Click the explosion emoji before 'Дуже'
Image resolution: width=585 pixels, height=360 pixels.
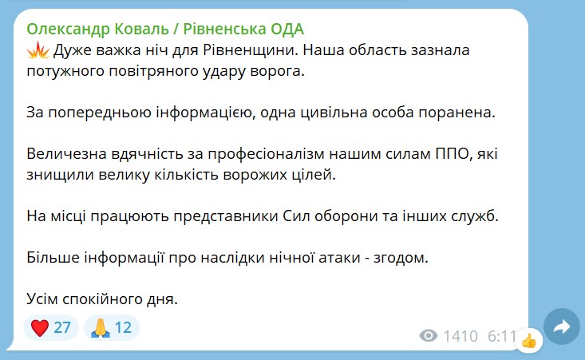tap(38, 49)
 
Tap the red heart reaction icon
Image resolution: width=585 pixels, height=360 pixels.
tap(40, 327)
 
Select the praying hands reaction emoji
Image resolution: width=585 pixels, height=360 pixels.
tap(101, 327)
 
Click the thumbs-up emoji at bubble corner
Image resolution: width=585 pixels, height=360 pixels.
tap(529, 340)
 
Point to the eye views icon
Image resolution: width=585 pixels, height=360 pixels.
tap(429, 336)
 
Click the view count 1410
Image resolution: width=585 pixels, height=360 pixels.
tap(460, 336)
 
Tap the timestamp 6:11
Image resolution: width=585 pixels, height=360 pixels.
tap(502, 336)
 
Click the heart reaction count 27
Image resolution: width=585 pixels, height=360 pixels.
tap(62, 327)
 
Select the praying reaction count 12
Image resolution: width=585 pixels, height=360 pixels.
tap(123, 327)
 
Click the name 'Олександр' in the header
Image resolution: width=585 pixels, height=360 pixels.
tap(69, 29)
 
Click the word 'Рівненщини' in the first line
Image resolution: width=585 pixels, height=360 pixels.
tap(251, 50)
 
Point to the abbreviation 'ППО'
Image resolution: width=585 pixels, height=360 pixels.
tap(452, 154)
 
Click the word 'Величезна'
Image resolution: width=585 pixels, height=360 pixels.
tap(67, 154)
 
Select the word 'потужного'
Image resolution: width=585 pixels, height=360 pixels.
tap(65, 71)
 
